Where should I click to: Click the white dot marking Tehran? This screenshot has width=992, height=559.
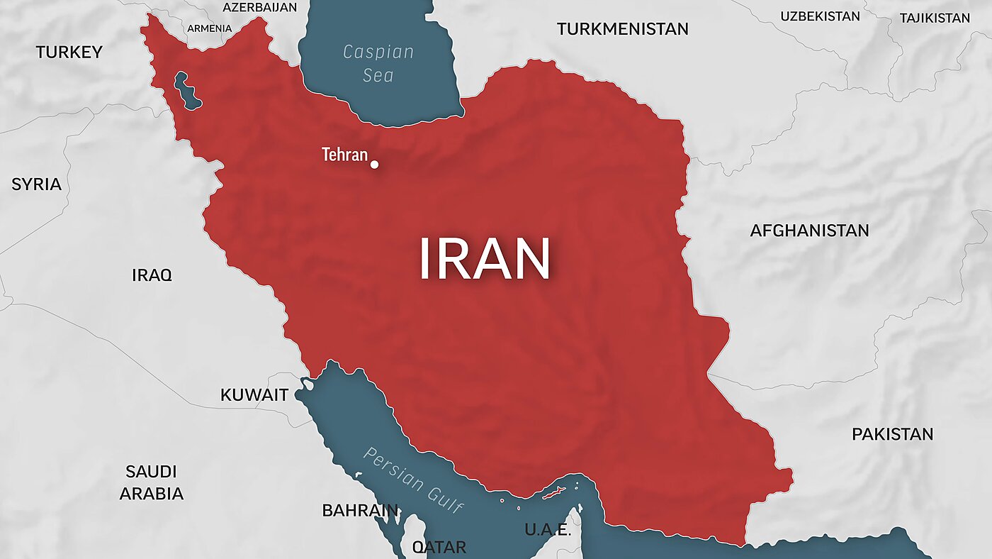pyautogui.click(x=374, y=165)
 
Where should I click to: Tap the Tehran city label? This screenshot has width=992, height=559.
pyautogui.click(x=345, y=155)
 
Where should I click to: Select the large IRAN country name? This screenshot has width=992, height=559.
pyautogui.click(x=485, y=259)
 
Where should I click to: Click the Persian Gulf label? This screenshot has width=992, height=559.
pyautogui.click(x=412, y=480)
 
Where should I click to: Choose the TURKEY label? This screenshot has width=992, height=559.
pyautogui.click(x=69, y=52)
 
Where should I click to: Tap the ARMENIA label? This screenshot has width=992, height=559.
pyautogui.click(x=209, y=28)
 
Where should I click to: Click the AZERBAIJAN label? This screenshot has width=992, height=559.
pyautogui.click(x=259, y=7)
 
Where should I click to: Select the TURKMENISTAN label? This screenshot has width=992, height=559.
pyautogui.click(x=622, y=29)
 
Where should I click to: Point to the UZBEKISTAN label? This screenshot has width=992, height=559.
pyautogui.click(x=820, y=16)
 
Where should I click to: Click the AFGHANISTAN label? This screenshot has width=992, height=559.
pyautogui.click(x=809, y=231)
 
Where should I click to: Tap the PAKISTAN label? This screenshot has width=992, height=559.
pyautogui.click(x=892, y=434)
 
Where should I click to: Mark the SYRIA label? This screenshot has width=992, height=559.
pyautogui.click(x=36, y=184)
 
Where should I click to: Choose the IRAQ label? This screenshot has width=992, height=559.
pyautogui.click(x=152, y=275)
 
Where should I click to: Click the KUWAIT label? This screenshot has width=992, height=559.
pyautogui.click(x=254, y=395)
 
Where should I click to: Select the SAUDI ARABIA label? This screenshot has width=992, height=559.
pyautogui.click(x=151, y=482)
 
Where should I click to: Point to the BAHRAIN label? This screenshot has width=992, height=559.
pyautogui.click(x=360, y=510)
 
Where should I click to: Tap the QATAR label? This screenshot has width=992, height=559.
pyautogui.click(x=439, y=547)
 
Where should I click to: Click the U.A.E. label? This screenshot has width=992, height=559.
pyautogui.click(x=548, y=530)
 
